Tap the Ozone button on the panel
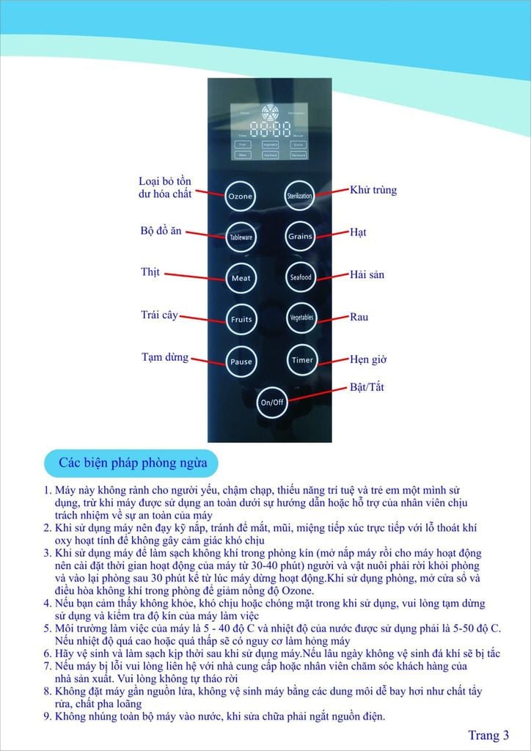pos(240,197)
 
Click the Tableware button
pos(241,238)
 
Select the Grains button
pos(300,236)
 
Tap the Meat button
pos(241,279)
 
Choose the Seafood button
pos(300,277)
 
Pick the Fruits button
pos(241,320)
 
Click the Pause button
pos(241,362)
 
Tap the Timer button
pos(301,360)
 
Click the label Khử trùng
pos(373,190)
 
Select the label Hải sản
pos(367,275)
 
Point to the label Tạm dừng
pos(164,358)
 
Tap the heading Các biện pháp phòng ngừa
pos(133,463)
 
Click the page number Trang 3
pos(488,735)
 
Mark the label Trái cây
pos(159,315)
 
